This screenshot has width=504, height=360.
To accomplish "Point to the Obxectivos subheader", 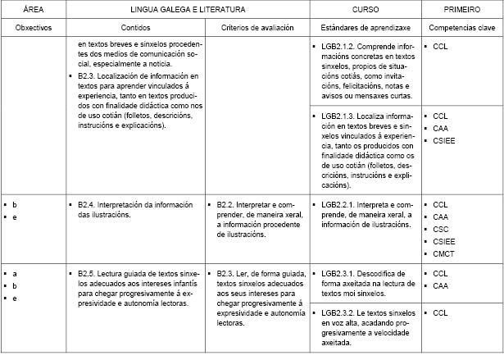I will [32, 28].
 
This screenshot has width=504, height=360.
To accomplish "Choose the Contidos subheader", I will [135, 28].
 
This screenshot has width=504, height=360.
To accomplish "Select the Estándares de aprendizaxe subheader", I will [365, 28].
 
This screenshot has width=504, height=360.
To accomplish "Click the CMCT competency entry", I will [442, 254].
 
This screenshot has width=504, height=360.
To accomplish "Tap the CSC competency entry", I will [440, 230].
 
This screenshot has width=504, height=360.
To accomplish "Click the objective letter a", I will [15, 273].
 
